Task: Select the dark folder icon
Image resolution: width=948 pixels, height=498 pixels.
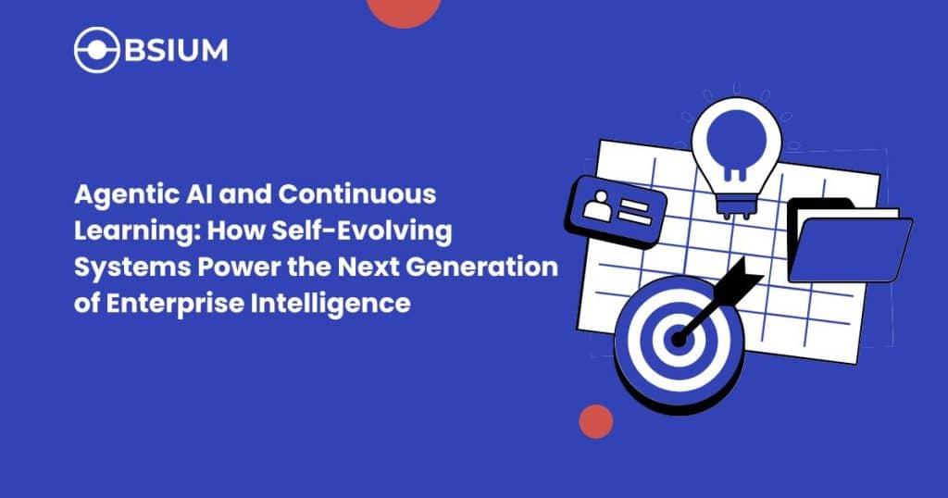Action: [x=847, y=240]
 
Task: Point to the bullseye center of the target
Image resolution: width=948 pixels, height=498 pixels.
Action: [x=679, y=341]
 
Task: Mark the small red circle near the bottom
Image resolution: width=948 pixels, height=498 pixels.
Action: [x=596, y=421]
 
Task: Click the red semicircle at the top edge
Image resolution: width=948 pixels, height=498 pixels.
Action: [x=403, y=9]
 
